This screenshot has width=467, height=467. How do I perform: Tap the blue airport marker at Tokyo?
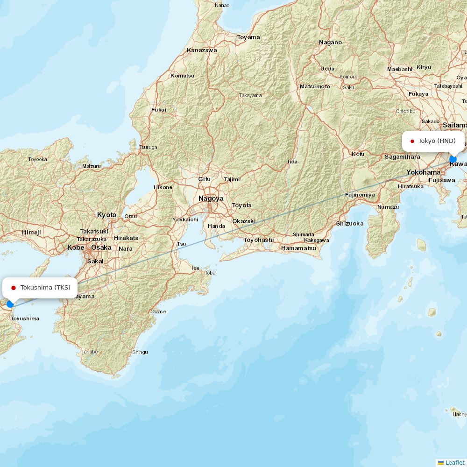(453, 159)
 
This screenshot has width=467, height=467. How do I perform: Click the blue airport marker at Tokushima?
(10, 304)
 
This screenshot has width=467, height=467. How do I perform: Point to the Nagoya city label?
(211, 198)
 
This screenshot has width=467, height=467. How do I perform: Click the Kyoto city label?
(106, 215)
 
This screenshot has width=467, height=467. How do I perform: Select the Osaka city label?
(101, 248)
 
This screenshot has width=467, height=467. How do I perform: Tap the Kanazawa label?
(202, 50)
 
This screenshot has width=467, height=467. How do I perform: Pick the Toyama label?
(248, 37)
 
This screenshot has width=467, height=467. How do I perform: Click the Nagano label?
(330, 42)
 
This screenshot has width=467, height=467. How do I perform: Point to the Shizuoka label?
(350, 224)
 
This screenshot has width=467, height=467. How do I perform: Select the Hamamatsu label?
(298, 248)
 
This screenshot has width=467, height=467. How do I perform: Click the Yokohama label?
(423, 172)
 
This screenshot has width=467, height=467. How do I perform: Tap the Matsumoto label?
(315, 86)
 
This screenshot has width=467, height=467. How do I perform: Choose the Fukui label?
(159, 110)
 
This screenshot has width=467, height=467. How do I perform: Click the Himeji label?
(31, 233)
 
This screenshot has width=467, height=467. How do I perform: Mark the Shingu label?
(140, 352)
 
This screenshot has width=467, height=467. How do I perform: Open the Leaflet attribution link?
(454, 462)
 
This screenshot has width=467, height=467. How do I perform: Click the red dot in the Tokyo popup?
(412, 141)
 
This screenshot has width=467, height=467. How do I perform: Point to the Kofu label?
(358, 154)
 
